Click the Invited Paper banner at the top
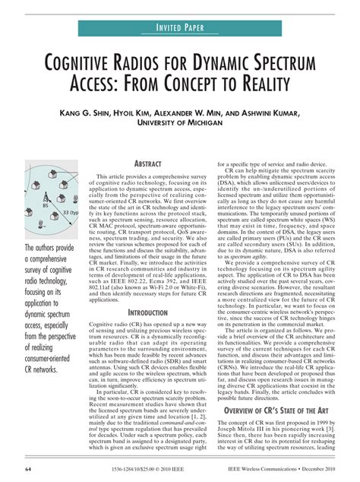click(x=179, y=27)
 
